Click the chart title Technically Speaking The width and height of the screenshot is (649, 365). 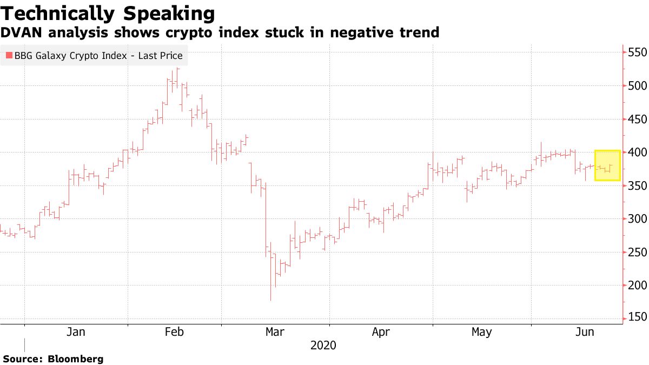108,13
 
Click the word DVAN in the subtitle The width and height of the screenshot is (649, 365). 18,33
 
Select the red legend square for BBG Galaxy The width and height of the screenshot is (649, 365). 9,55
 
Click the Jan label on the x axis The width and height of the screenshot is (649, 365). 75,332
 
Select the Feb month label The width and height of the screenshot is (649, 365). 174,332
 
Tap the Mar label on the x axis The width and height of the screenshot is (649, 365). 275,332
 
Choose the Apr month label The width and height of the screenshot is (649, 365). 381,332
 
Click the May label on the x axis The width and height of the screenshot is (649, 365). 481,332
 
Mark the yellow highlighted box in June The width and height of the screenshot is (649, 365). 607,165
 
